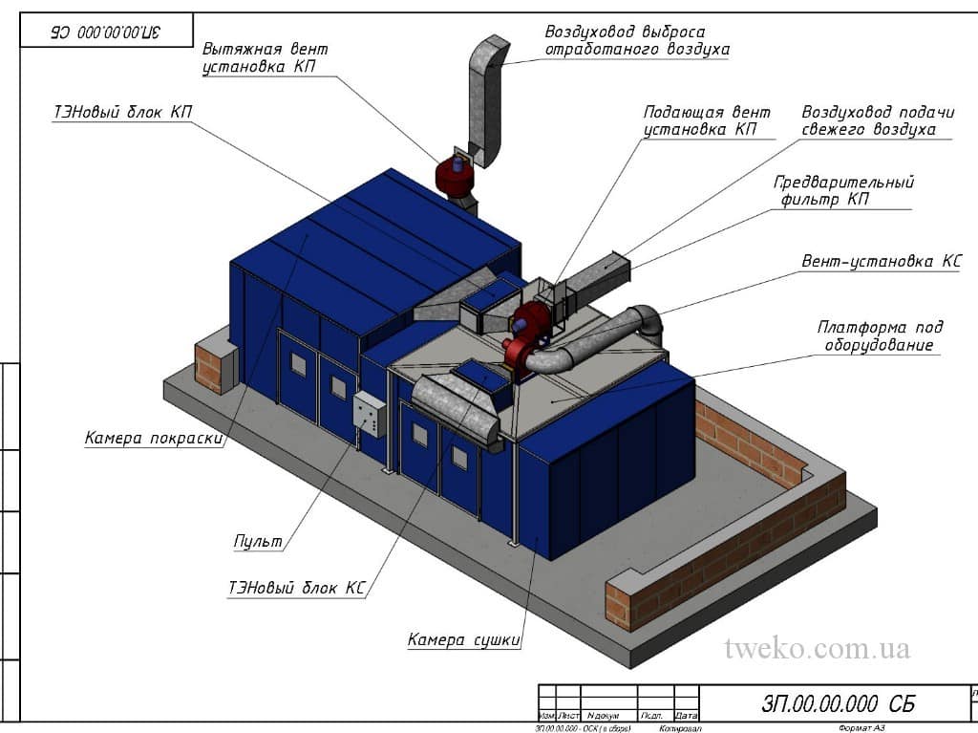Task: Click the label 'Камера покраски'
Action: (x=153, y=439)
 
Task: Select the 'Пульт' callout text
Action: (x=259, y=542)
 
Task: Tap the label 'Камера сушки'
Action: (x=464, y=639)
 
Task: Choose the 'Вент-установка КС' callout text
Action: (x=882, y=260)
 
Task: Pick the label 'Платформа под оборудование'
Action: (x=880, y=335)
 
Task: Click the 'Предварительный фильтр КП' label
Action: (x=843, y=190)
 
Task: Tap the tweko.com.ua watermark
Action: (x=817, y=649)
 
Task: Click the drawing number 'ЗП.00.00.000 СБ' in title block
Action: (x=838, y=704)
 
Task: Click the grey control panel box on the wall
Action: (x=370, y=414)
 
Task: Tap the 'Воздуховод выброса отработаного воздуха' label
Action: (x=637, y=40)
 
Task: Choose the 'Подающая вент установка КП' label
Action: (x=707, y=120)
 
